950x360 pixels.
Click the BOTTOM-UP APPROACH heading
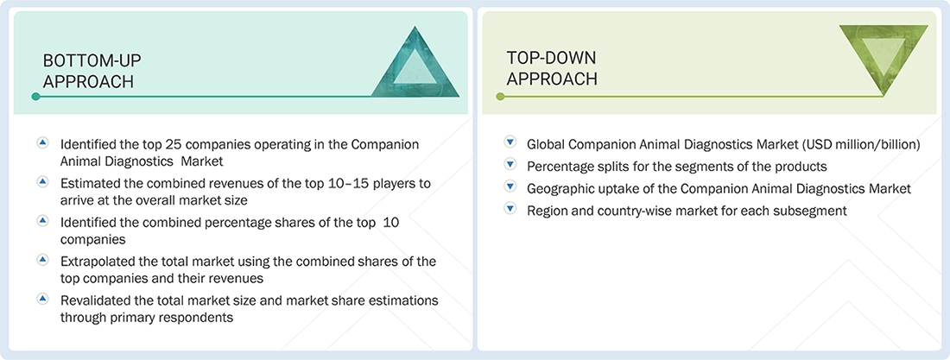click(x=92, y=71)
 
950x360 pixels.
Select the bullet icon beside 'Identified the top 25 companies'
click(x=42, y=143)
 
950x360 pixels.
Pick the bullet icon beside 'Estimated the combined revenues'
click(x=42, y=182)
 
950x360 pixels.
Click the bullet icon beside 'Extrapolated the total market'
click(x=42, y=260)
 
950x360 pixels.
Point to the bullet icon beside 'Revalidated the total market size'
click(x=42, y=299)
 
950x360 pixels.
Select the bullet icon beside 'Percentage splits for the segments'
click(x=510, y=166)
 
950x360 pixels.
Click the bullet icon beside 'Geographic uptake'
click(x=510, y=188)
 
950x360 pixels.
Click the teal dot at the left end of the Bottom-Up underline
click(x=35, y=97)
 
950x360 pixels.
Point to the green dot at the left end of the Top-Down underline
click(x=499, y=97)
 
